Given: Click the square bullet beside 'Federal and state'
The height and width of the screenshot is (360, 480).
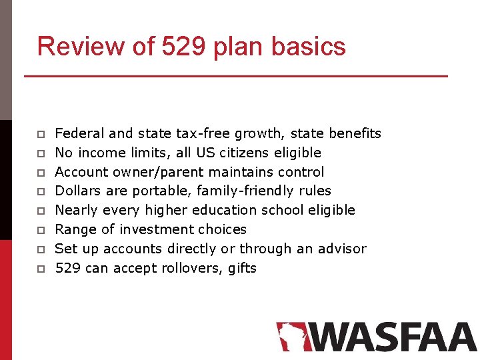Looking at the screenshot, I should [x=41, y=135].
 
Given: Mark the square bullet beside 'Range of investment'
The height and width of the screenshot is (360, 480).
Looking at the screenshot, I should [x=41, y=231].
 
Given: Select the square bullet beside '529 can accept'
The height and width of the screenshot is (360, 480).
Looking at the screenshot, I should [x=41, y=269].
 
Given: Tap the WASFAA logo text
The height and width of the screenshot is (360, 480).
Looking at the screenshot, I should [x=393, y=337].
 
